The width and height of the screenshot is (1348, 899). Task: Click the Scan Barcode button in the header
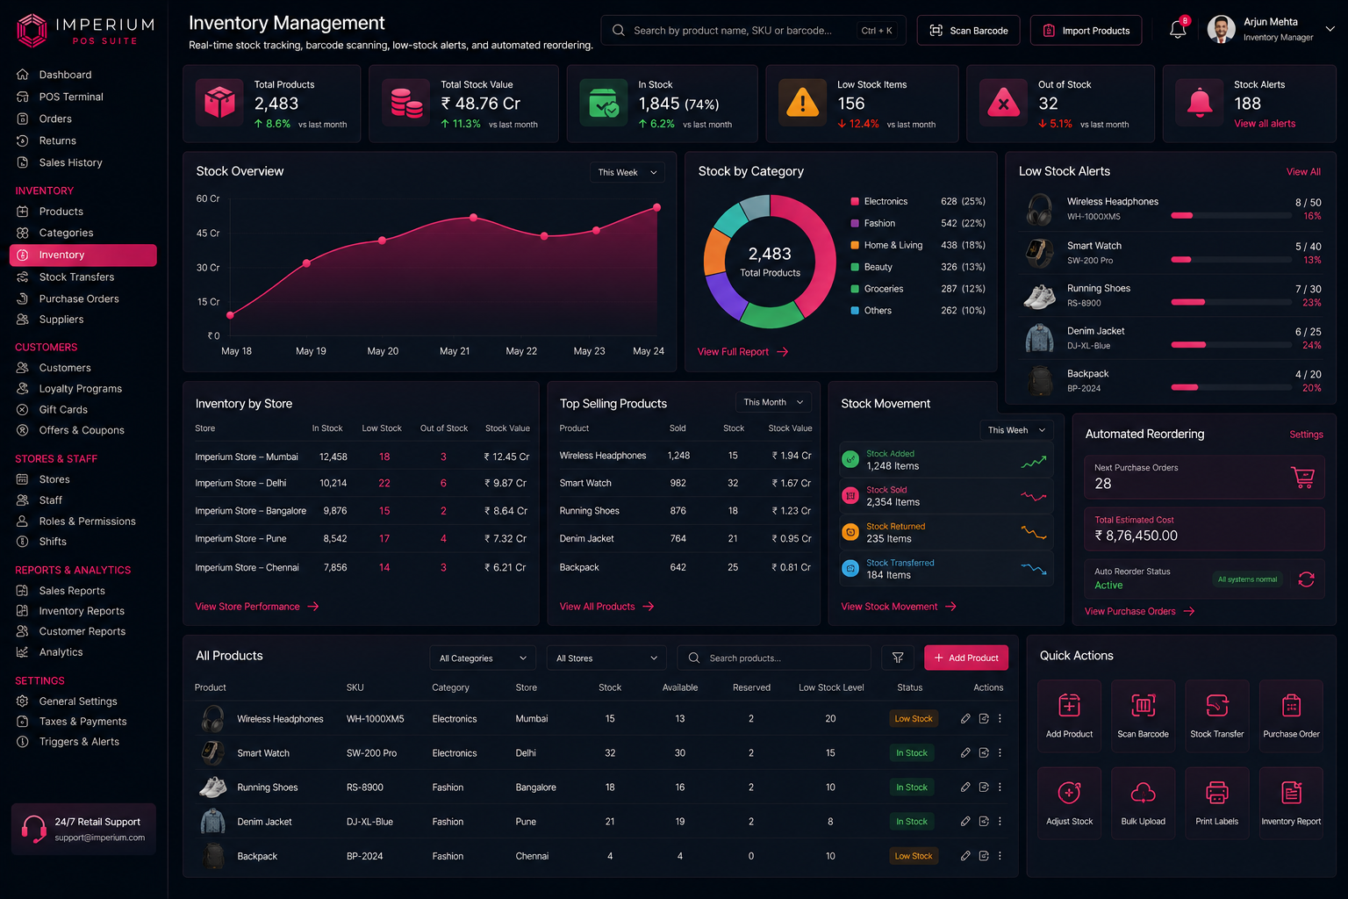pyautogui.click(x=968, y=30)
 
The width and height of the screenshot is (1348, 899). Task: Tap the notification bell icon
pyautogui.click(x=1178, y=29)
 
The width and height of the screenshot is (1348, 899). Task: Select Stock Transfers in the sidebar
pyautogui.click(x=76, y=277)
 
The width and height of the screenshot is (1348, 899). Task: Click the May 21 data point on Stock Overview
pyautogui.click(x=474, y=218)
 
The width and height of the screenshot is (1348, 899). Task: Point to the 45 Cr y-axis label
pyautogui.click(x=208, y=233)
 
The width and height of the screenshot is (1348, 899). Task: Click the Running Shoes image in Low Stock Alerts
pyautogui.click(x=1039, y=296)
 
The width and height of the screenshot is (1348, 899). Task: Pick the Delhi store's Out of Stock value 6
pyautogui.click(x=443, y=483)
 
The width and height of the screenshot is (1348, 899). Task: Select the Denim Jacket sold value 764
pyautogui.click(x=678, y=538)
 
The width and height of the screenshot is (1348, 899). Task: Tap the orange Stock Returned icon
pyautogui.click(x=850, y=532)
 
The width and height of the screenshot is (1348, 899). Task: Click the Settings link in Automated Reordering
pyautogui.click(x=1305, y=435)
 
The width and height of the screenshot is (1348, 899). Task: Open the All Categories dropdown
pyautogui.click(x=482, y=658)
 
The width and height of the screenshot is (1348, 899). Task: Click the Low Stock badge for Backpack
pyautogui.click(x=913, y=856)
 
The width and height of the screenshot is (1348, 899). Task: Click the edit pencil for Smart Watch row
pyautogui.click(x=965, y=752)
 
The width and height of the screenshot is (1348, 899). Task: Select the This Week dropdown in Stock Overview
pyautogui.click(x=627, y=172)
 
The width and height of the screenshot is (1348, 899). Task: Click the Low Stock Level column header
pyautogui.click(x=830, y=687)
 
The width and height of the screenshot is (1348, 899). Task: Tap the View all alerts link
pyautogui.click(x=1265, y=124)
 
